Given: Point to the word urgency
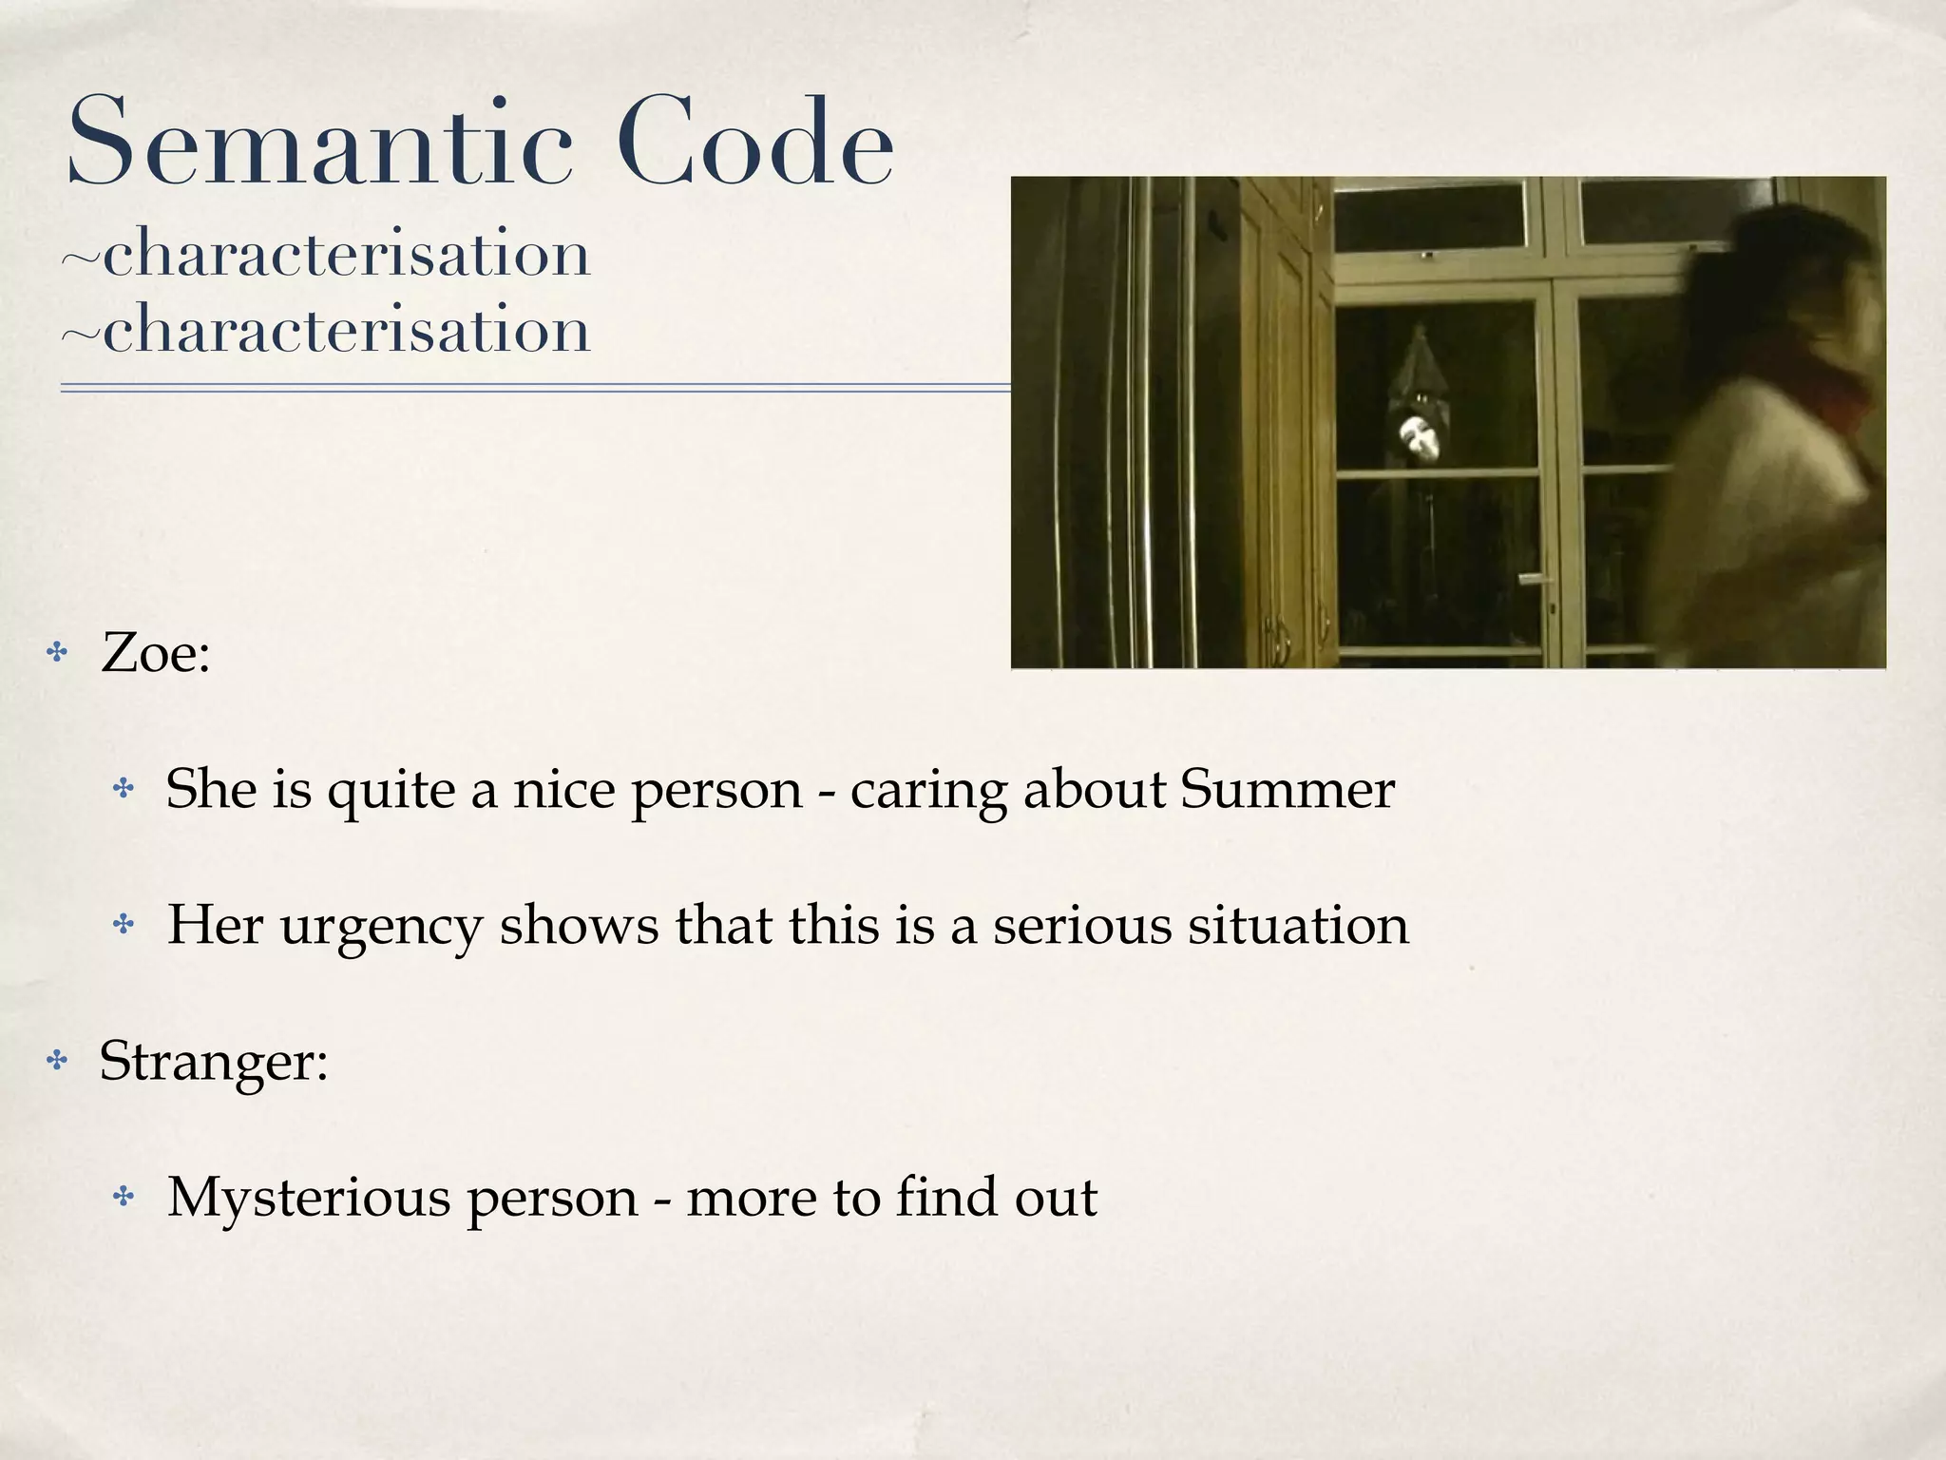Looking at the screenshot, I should (x=380, y=927).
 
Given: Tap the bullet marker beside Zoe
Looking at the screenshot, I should (x=58, y=653).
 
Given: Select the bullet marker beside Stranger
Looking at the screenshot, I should (x=58, y=1060).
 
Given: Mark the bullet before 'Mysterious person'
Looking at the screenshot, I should (x=124, y=1197).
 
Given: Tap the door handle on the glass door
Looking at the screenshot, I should (x=1534, y=579).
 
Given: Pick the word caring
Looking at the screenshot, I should (x=927, y=791).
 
